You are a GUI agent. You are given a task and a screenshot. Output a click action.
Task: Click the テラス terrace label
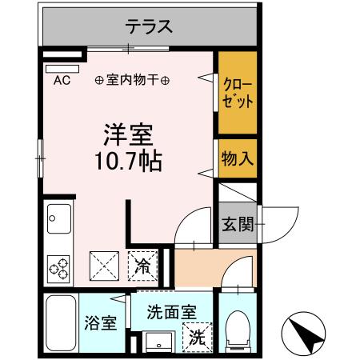tap(148, 26)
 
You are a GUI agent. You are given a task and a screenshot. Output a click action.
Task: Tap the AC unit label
tap(62, 80)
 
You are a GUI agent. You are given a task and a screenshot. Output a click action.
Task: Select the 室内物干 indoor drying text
tap(132, 80)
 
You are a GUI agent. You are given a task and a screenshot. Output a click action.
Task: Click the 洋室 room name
tap(126, 133)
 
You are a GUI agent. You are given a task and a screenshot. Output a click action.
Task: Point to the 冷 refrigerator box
tap(144, 264)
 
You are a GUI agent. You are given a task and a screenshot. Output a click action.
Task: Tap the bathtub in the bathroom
tap(61, 323)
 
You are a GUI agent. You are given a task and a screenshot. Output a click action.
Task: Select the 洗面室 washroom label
tap(170, 313)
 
